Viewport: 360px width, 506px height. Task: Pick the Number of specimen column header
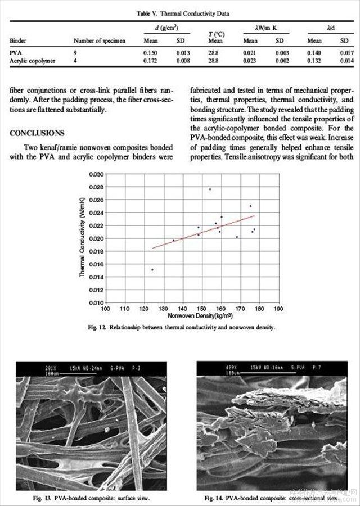tap(100, 40)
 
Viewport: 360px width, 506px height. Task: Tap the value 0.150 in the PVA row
tap(150, 52)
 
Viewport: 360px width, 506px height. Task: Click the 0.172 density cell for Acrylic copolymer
tap(150, 61)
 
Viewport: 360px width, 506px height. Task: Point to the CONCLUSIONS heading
tap(37, 133)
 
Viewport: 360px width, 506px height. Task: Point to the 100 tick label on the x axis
tap(105, 309)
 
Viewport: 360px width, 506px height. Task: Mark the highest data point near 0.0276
tap(210, 189)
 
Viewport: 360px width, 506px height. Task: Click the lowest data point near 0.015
tap(152, 270)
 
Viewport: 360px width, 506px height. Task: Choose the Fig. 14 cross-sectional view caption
tap(272, 498)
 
